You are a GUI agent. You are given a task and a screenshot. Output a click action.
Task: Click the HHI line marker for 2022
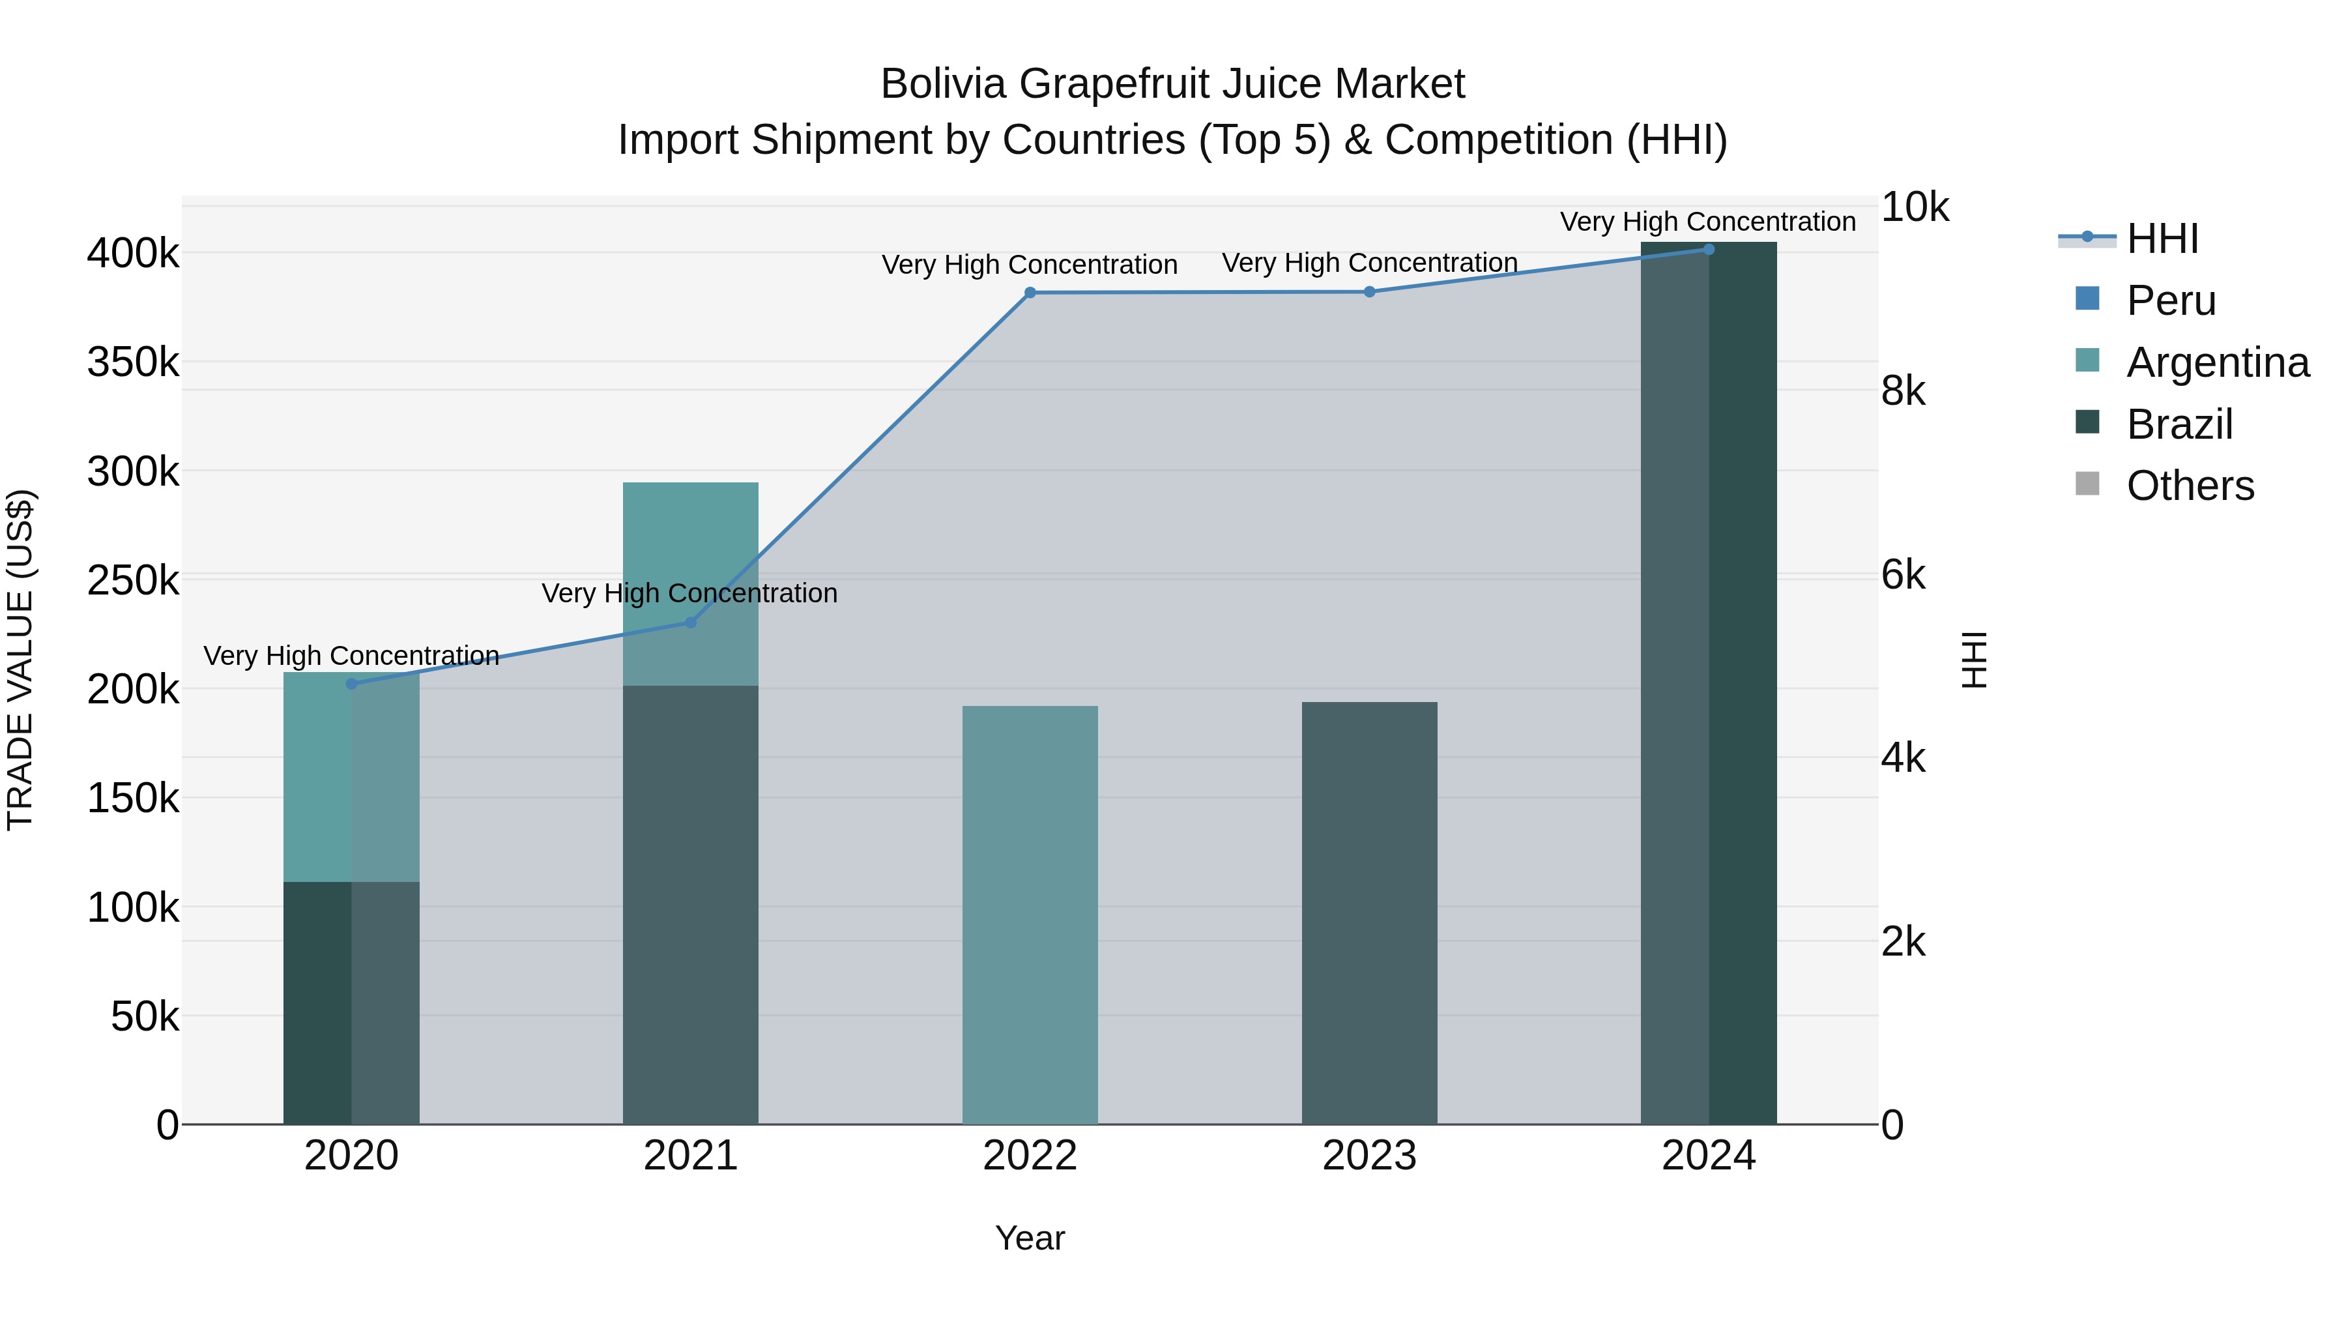click(x=1030, y=293)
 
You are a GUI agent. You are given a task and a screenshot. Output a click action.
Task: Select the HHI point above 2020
click(x=351, y=683)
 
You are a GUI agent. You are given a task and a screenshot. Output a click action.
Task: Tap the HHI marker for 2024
click(x=1709, y=249)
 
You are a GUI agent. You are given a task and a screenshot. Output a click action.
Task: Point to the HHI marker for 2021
click(x=690, y=623)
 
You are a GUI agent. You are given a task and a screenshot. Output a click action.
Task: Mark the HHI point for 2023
click(x=1368, y=291)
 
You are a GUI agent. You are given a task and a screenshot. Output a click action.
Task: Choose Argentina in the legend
click(x=2217, y=362)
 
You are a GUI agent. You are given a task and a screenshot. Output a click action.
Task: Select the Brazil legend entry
click(x=2179, y=424)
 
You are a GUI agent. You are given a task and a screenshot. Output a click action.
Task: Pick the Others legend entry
click(x=2190, y=486)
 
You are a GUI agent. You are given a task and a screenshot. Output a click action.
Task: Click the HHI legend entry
click(x=2162, y=239)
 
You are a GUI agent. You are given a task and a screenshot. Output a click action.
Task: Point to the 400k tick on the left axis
click(x=133, y=254)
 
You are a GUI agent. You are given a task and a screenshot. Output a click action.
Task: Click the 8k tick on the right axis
click(x=1904, y=392)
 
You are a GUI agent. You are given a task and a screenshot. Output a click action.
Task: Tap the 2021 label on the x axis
click(x=690, y=1156)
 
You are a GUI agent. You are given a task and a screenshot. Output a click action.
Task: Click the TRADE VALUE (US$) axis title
click(x=20, y=660)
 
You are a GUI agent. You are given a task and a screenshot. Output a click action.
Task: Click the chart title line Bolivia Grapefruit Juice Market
click(x=1172, y=84)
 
